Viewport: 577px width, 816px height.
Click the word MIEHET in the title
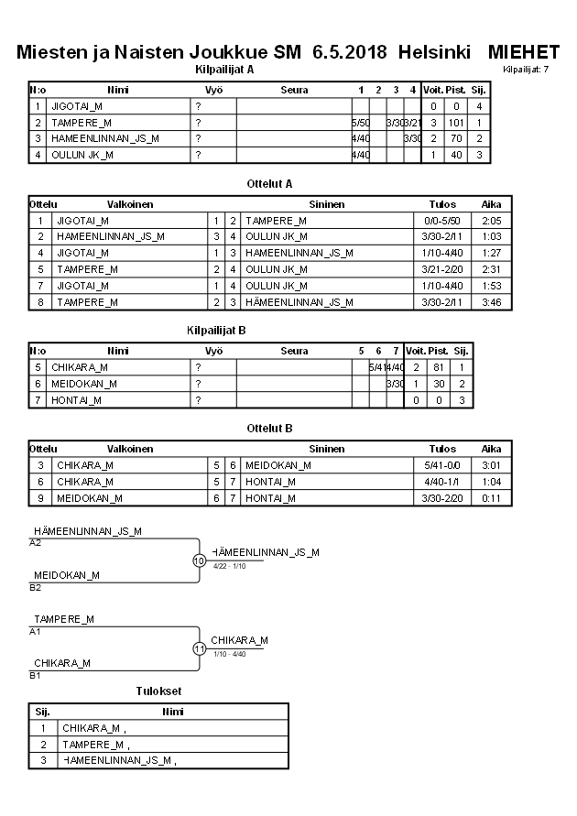[x=524, y=52]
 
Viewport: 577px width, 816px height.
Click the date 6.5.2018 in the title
[x=351, y=52]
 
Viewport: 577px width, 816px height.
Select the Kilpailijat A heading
[x=225, y=69]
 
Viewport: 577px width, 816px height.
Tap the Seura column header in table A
[x=294, y=91]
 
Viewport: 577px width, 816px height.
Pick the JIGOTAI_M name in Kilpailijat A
[x=76, y=106]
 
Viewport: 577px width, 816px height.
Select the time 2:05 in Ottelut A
[x=491, y=221]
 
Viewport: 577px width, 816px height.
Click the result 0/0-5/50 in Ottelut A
[x=442, y=221]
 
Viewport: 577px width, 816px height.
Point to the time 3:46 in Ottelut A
[x=491, y=301]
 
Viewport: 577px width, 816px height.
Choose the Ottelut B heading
[x=270, y=428]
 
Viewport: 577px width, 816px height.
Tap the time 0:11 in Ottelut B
[x=491, y=498]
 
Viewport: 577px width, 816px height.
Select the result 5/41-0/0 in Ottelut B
[x=442, y=465]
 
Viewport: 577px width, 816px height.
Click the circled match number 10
[x=199, y=560]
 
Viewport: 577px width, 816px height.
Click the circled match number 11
[x=199, y=648]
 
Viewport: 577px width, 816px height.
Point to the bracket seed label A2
[x=36, y=542]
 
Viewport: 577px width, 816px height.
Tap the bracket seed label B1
[x=36, y=675]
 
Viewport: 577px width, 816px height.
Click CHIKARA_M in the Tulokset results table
[x=91, y=728]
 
